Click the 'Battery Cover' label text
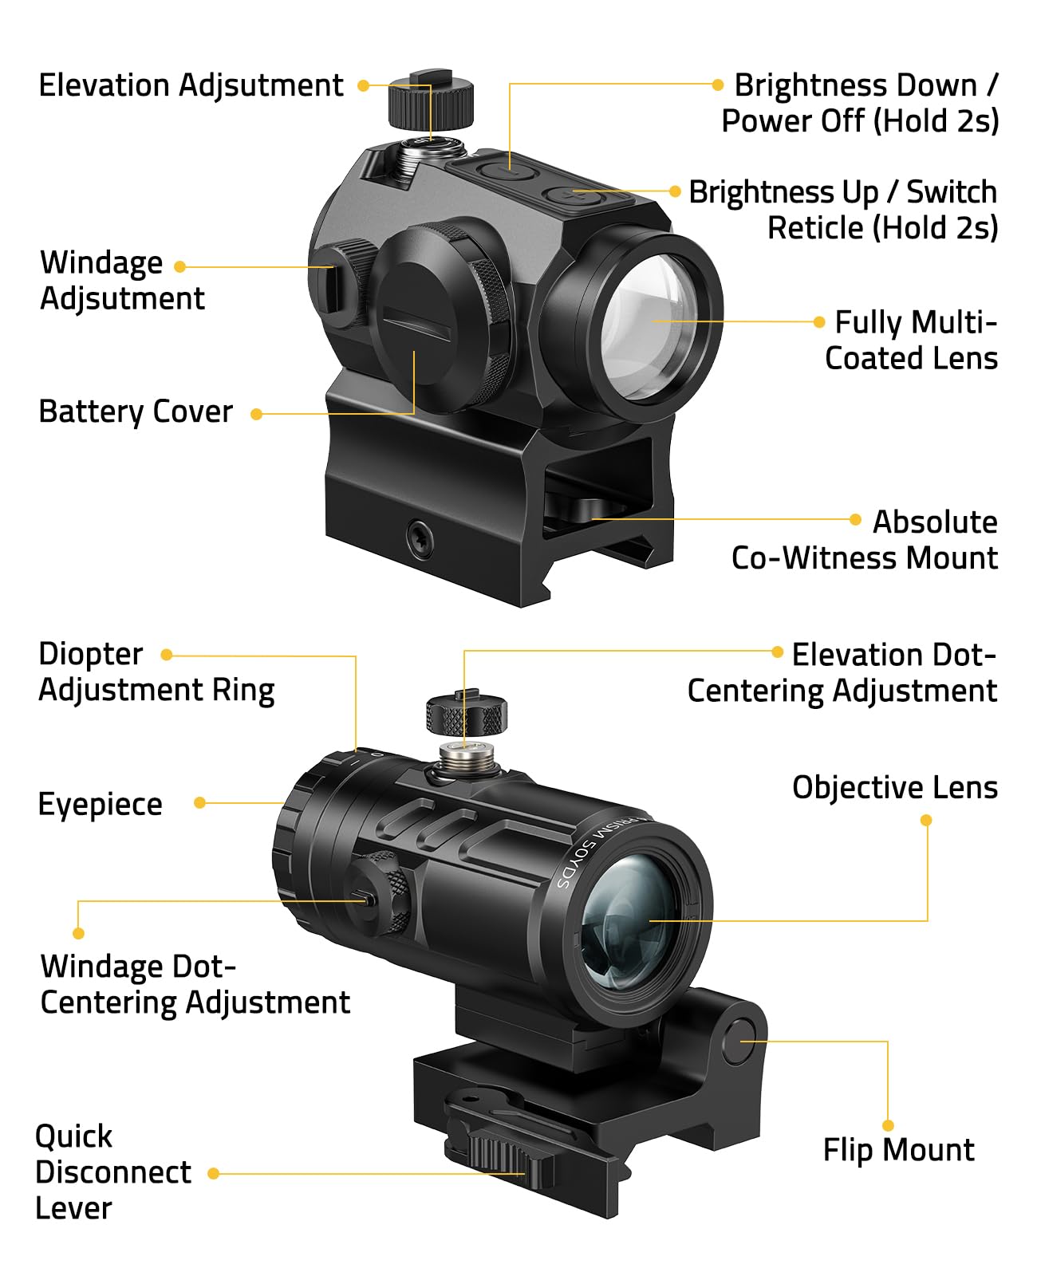(136, 412)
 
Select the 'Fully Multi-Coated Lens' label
(911, 341)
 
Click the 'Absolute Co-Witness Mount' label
(865, 540)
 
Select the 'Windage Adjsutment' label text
(121, 280)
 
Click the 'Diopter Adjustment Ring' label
(156, 671)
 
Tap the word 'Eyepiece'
(100, 804)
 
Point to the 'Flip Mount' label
(898, 1150)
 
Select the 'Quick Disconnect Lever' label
(112, 1172)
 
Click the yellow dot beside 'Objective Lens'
(926, 820)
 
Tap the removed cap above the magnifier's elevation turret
(466, 712)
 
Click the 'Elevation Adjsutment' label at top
(191, 85)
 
